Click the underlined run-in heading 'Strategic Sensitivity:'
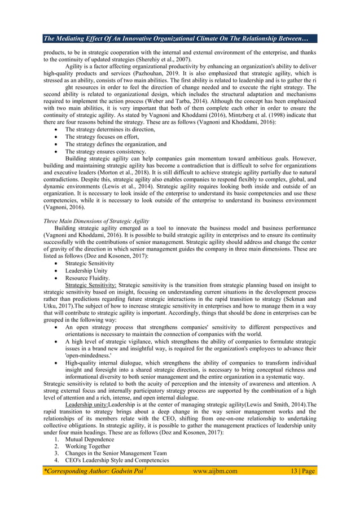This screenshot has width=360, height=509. click(91, 285)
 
